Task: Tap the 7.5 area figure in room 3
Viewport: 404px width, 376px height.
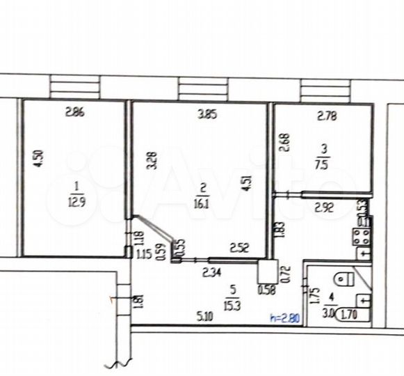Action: [321, 165]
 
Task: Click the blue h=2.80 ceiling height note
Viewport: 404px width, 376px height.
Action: [285, 318]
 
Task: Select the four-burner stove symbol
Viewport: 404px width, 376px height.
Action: [362, 236]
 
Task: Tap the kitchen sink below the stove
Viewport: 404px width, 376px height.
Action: [362, 254]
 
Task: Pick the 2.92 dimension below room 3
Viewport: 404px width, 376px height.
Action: [325, 207]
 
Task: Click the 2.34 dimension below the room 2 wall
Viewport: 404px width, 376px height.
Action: [212, 272]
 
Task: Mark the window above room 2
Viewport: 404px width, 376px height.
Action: [199, 88]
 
